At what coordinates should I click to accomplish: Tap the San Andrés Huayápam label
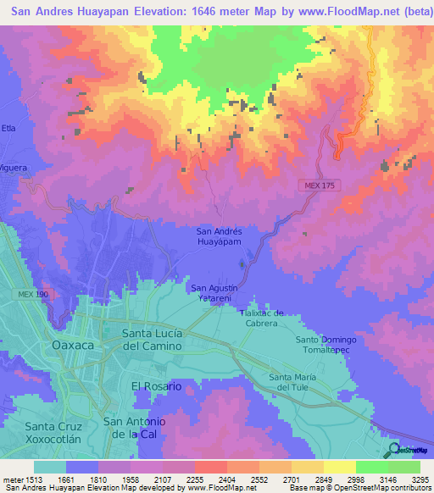[x=220, y=236]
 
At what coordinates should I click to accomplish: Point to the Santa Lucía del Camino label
[x=153, y=339]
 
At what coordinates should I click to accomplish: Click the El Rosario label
[x=156, y=385]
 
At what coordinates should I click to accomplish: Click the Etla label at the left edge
[x=8, y=128]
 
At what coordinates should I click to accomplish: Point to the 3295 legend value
[x=419, y=479]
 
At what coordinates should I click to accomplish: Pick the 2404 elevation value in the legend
[x=227, y=479]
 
